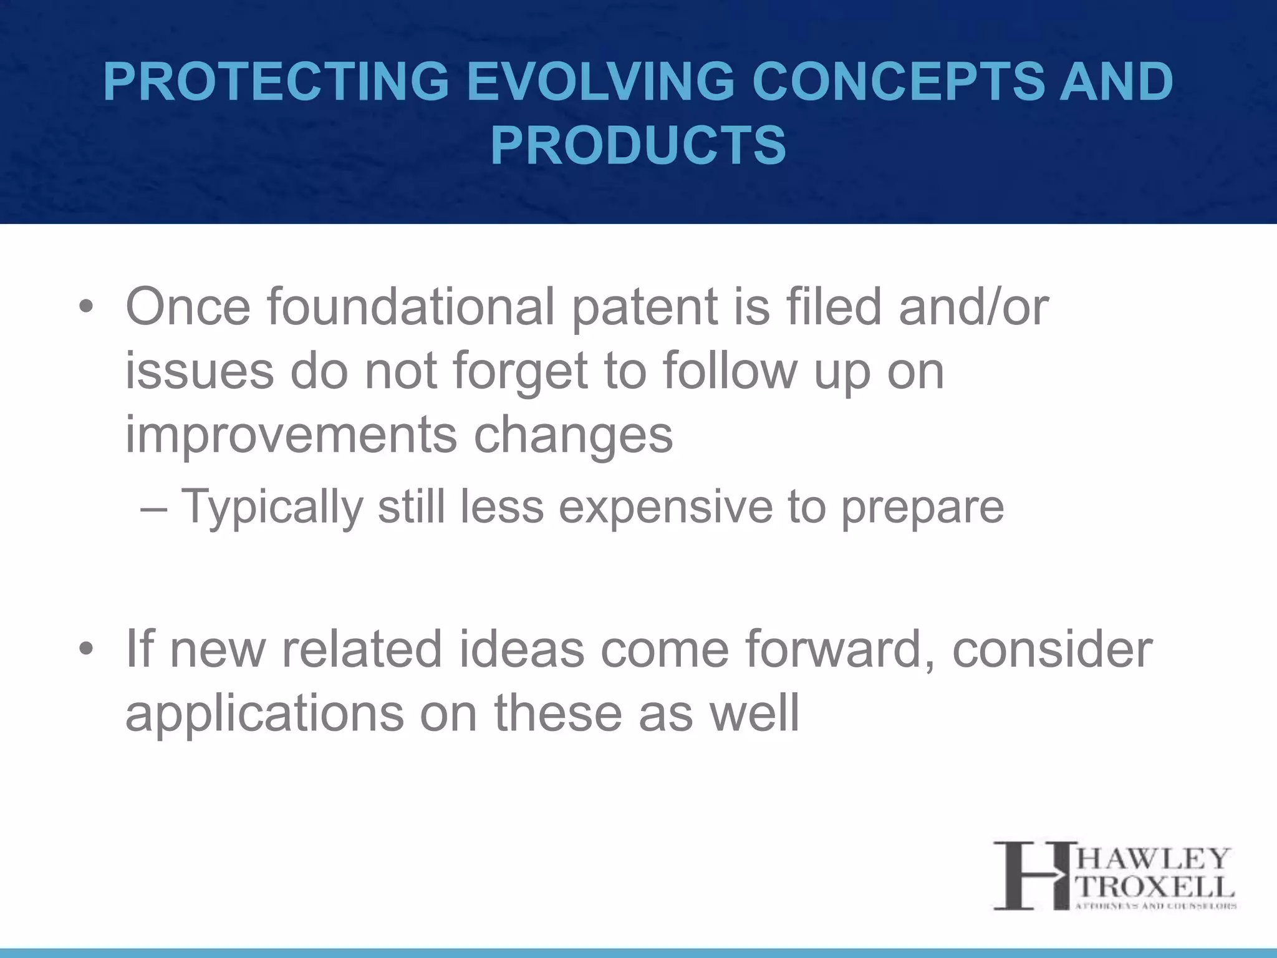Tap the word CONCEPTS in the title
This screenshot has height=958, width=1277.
897,82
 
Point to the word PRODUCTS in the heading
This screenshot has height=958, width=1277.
638,145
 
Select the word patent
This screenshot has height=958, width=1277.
645,307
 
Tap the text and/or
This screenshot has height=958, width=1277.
973,307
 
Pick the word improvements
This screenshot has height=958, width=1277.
291,435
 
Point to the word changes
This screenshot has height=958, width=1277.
574,435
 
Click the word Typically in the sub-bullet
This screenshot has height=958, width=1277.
271,506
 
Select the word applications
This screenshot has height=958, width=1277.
264,714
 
